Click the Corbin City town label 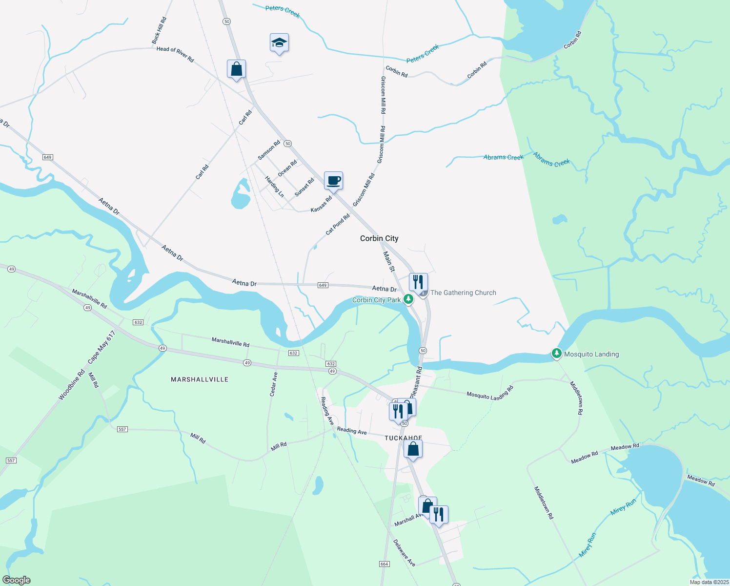click(379, 238)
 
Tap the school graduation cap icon click(279, 43)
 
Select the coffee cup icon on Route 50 click(333, 181)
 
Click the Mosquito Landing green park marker click(556, 354)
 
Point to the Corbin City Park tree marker click(408, 299)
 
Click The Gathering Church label click(463, 293)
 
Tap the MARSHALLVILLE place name click(200, 379)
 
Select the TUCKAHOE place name click(403, 438)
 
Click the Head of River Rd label click(175, 54)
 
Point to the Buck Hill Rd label click(159, 31)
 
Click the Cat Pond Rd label click(338, 224)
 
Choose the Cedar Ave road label click(274, 383)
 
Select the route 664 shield click(384, 564)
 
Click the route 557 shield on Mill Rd click(122, 429)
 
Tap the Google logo click(17, 580)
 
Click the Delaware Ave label click(404, 553)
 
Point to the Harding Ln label click(274, 187)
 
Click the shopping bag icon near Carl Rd click(236, 69)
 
